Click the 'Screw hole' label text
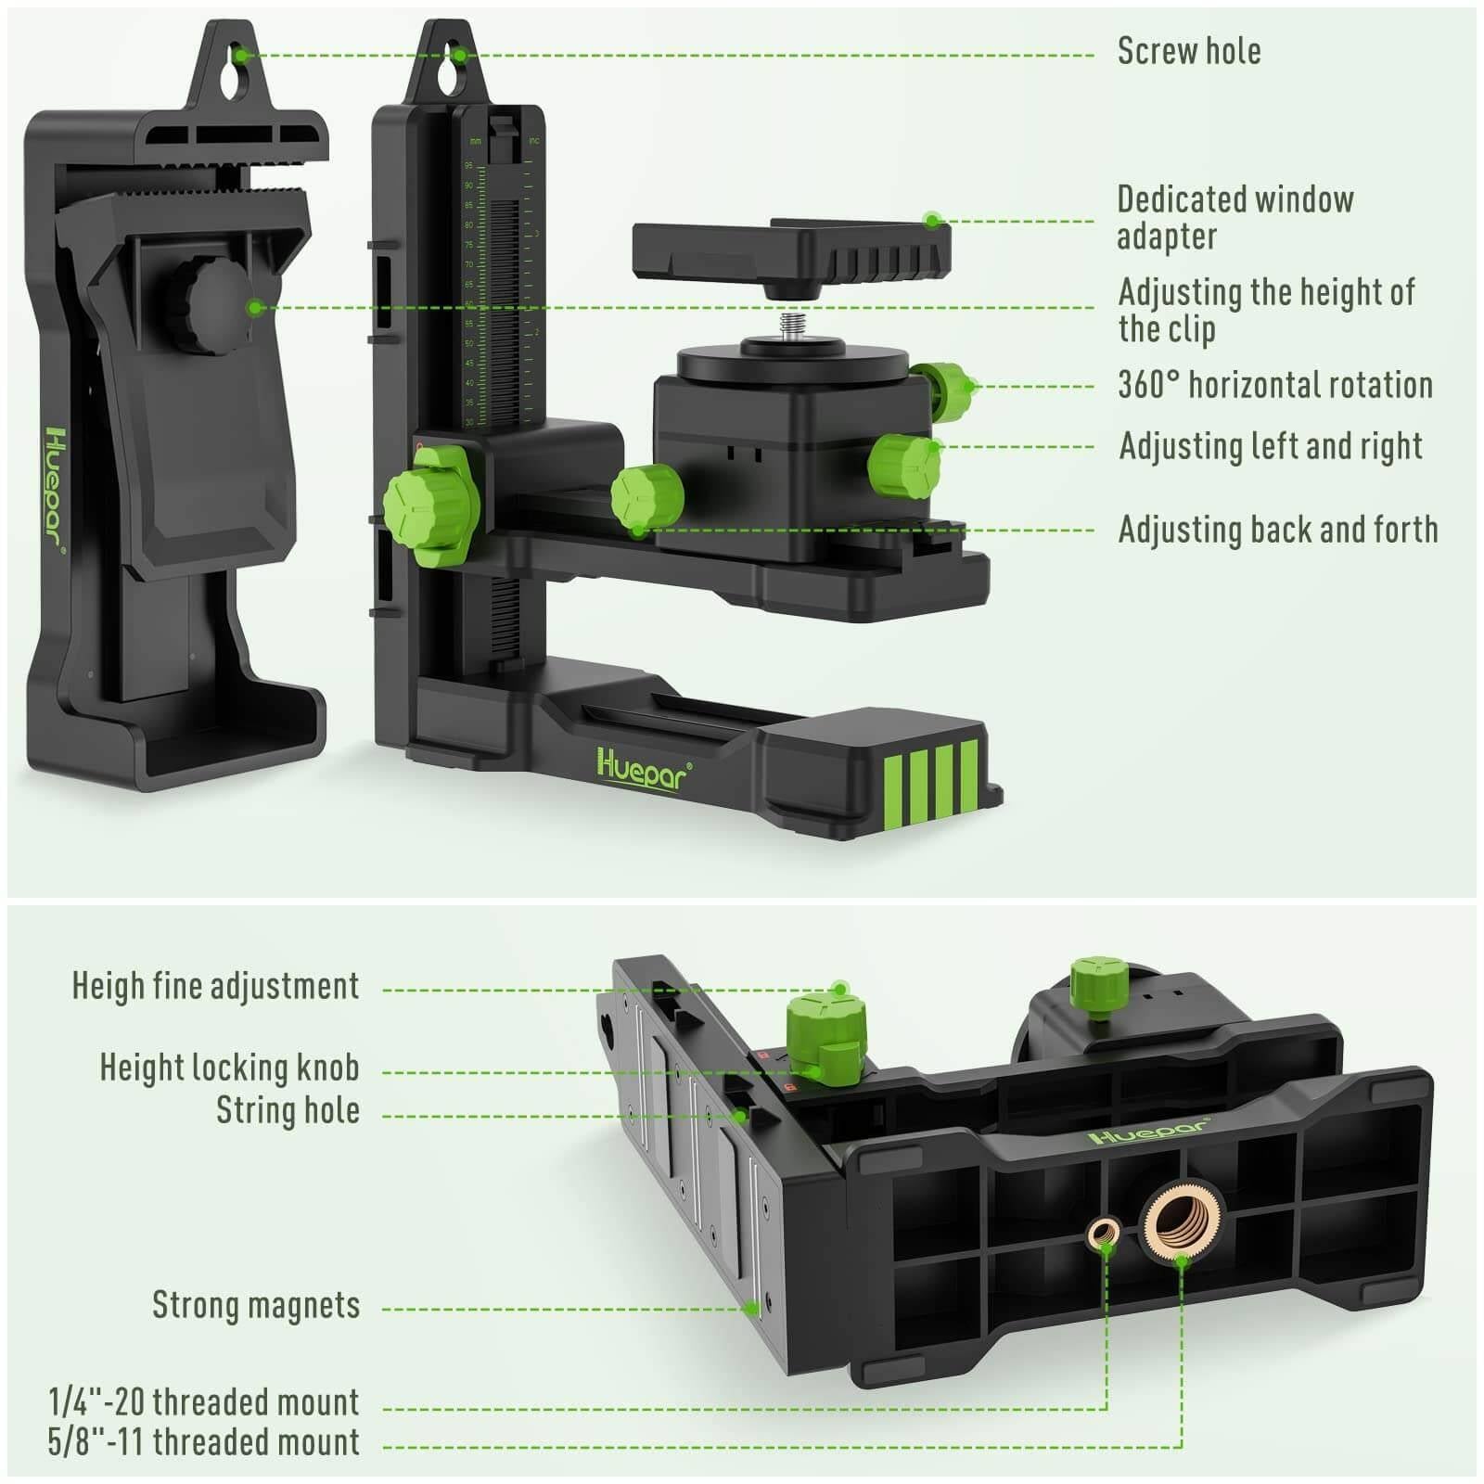1188,51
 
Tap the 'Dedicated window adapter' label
1234,217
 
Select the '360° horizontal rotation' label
1274,385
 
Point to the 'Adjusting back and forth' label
1277,530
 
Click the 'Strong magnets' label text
255,1305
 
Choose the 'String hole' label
288,1110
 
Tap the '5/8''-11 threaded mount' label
203,1442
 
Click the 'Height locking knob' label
229,1068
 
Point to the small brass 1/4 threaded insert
1103,1233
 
